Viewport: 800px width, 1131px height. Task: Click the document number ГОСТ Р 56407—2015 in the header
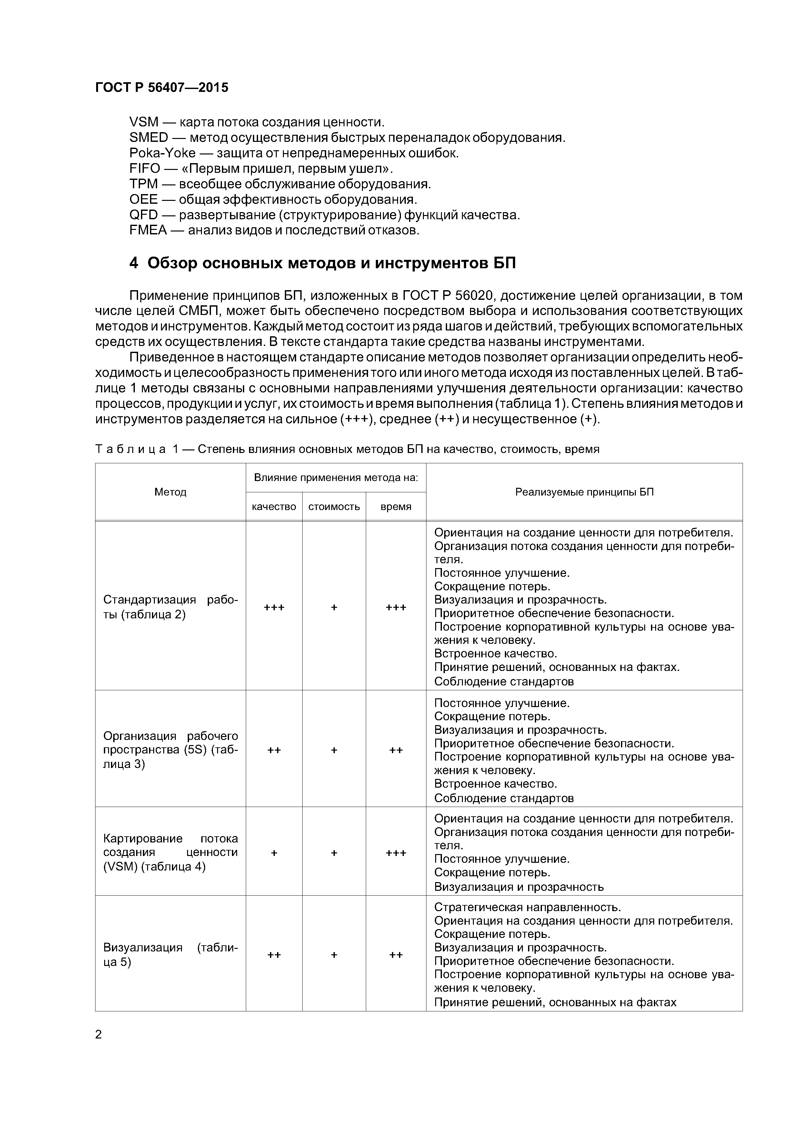(162, 88)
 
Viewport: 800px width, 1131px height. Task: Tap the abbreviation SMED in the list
(148, 137)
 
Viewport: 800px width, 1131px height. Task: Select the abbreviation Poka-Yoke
(162, 153)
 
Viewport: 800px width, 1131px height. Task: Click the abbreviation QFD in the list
(144, 215)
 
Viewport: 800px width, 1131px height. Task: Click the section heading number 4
(134, 263)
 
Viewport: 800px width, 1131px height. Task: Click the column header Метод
(171, 492)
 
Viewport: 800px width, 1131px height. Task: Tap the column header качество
(274, 507)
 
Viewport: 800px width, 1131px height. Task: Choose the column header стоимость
(334, 507)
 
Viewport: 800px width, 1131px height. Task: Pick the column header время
(396, 507)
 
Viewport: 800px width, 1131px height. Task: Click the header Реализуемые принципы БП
(584, 492)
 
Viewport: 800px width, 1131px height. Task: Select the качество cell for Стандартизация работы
(274, 607)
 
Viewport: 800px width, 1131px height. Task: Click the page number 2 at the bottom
(99, 1035)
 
